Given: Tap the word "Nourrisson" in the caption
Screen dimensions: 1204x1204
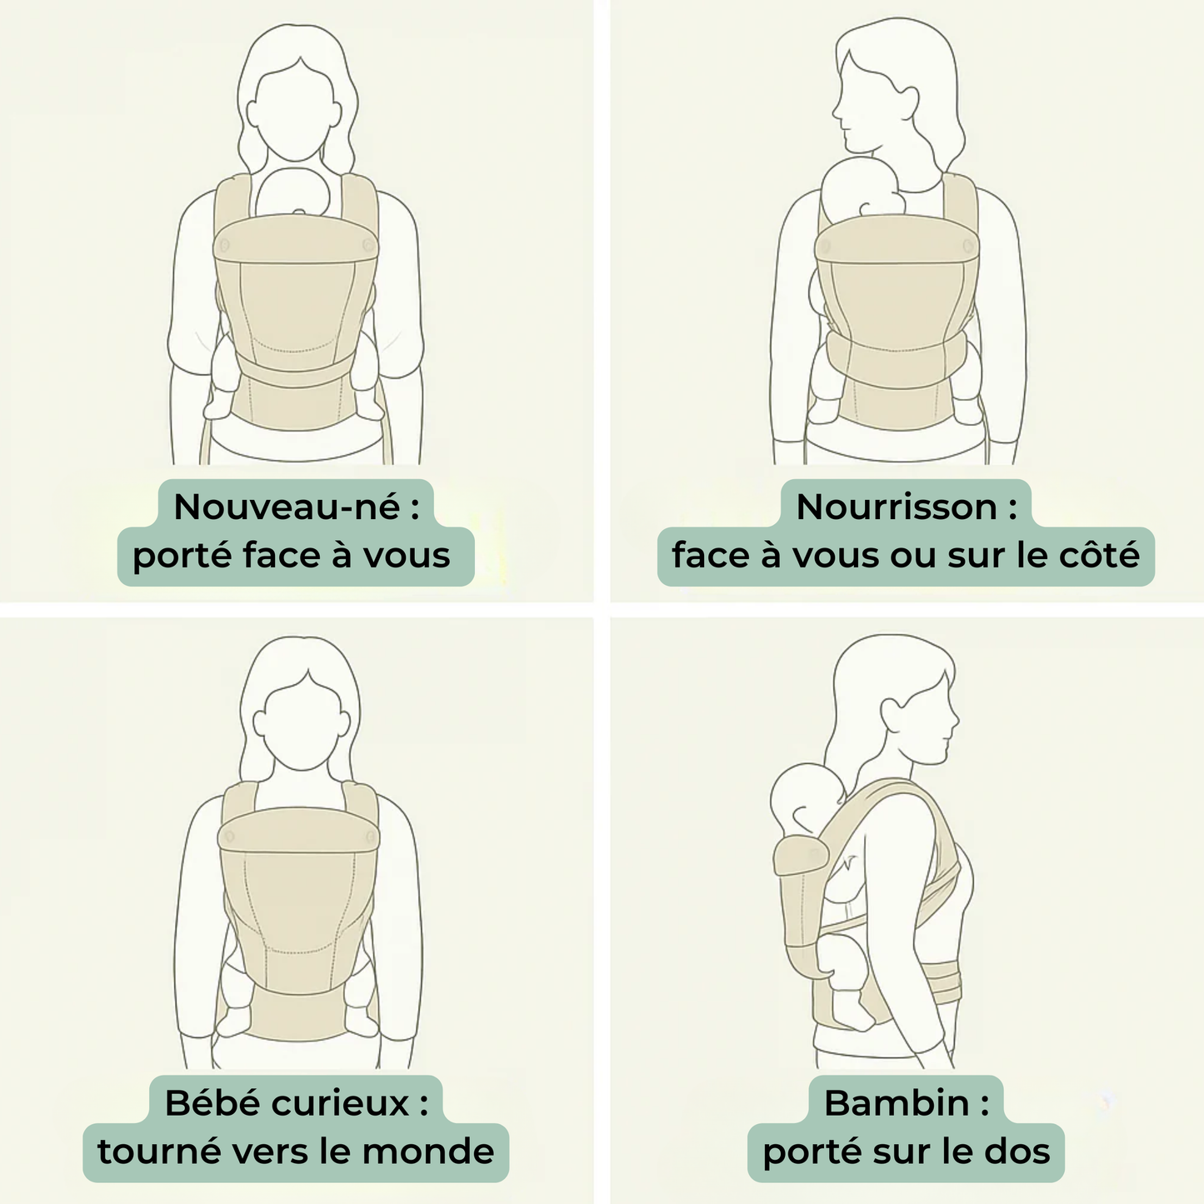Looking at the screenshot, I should click(x=896, y=507).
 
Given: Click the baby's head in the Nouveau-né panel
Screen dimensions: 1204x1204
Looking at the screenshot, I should click(x=293, y=193).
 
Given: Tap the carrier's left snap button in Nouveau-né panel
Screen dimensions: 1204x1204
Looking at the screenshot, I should click(x=223, y=246).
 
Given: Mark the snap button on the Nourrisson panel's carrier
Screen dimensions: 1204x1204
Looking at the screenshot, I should click(x=967, y=245).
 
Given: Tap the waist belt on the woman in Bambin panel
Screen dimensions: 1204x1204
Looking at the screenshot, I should click(x=942, y=983).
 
